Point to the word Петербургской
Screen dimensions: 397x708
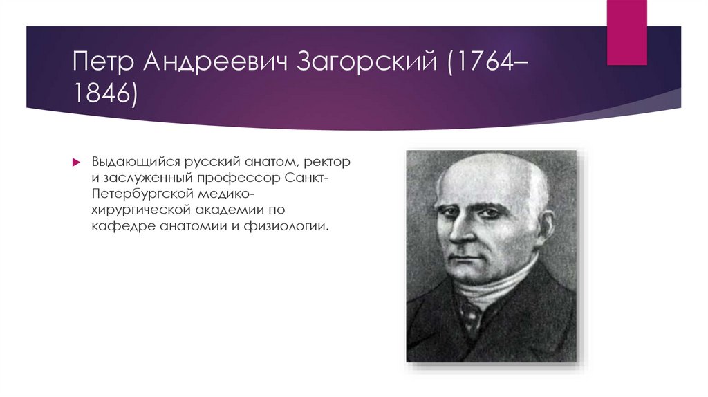138,194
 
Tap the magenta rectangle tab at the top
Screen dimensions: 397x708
627,31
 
